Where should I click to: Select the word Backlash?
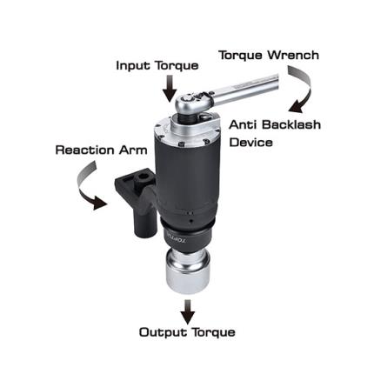coord(291,124)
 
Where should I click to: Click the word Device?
coord(251,143)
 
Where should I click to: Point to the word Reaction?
coord(85,150)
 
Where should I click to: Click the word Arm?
coord(133,150)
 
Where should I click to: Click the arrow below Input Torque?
coord(170,89)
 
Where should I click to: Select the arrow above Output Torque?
coord(188,311)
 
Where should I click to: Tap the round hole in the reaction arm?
coord(143,177)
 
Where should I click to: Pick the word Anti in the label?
coord(244,124)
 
